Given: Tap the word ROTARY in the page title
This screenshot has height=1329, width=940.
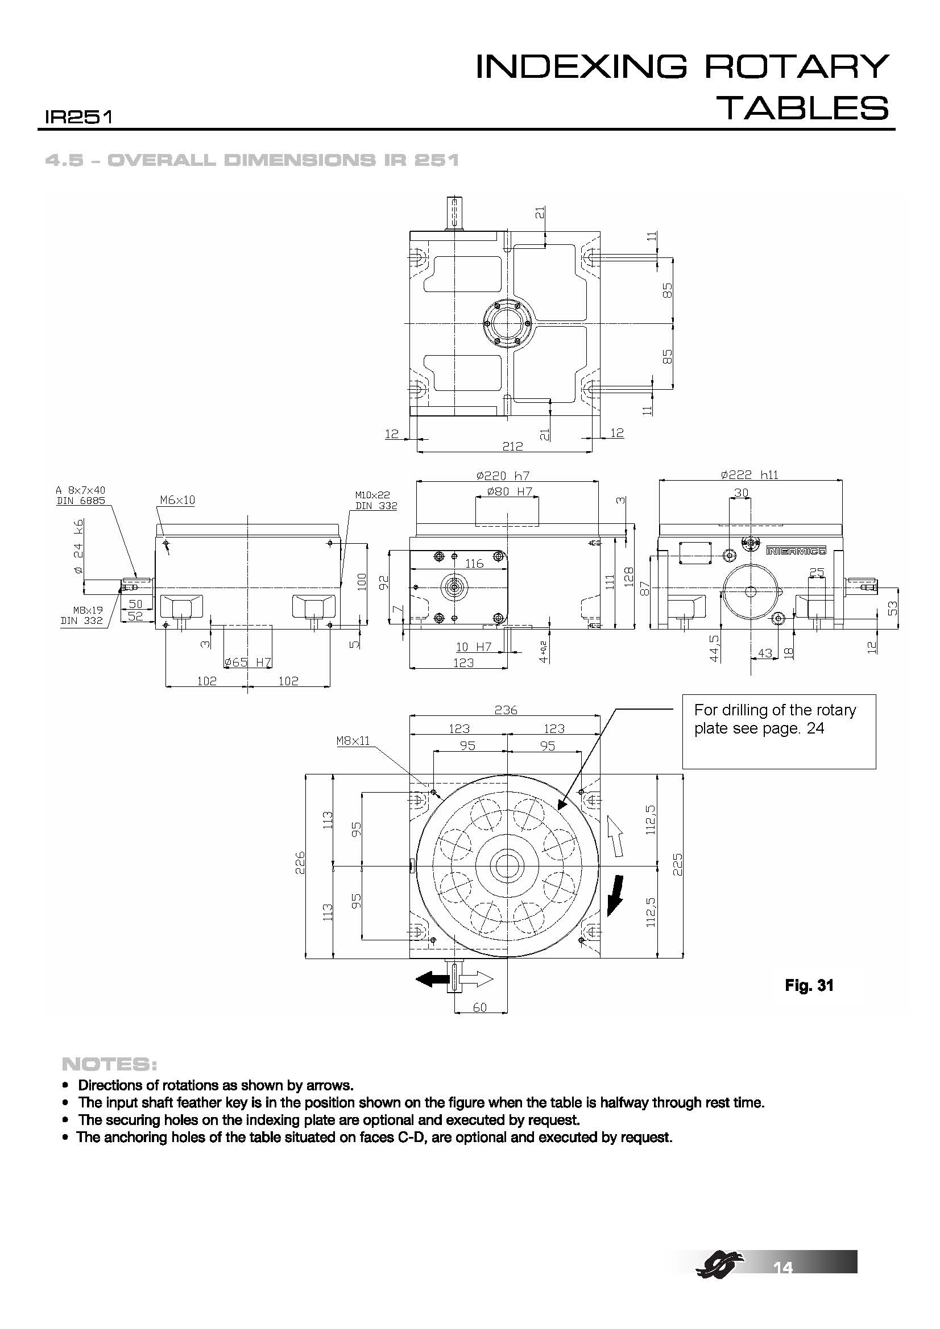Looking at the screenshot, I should (796, 66).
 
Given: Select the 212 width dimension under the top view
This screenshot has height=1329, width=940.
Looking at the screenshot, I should (512, 446).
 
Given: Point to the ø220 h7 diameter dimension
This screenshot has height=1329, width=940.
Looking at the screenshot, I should (503, 476).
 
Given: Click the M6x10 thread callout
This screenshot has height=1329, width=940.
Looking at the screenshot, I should (177, 499).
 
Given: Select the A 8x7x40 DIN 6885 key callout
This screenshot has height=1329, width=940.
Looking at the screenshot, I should (81, 495).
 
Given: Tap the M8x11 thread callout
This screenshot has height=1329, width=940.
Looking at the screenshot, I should (353, 741).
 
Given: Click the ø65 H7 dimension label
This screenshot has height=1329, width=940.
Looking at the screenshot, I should (248, 662).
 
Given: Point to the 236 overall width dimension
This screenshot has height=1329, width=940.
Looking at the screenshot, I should (506, 710).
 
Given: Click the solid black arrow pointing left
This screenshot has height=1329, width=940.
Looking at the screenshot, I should (432, 979).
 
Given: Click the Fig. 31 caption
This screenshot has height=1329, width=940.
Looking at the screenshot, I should (809, 985).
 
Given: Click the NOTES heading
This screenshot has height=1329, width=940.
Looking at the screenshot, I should (108, 1064).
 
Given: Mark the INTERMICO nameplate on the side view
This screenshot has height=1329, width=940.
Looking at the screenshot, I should (796, 551).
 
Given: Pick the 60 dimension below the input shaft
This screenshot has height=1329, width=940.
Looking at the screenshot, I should (479, 1008).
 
